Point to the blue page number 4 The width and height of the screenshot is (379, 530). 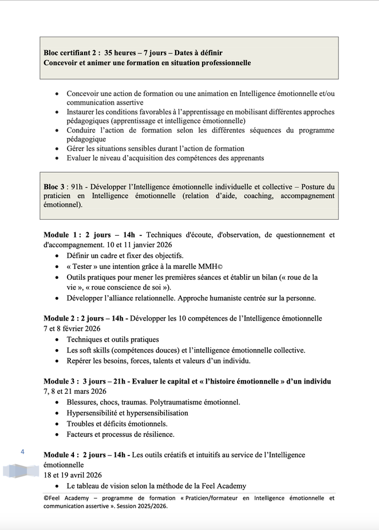tap(22, 452)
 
